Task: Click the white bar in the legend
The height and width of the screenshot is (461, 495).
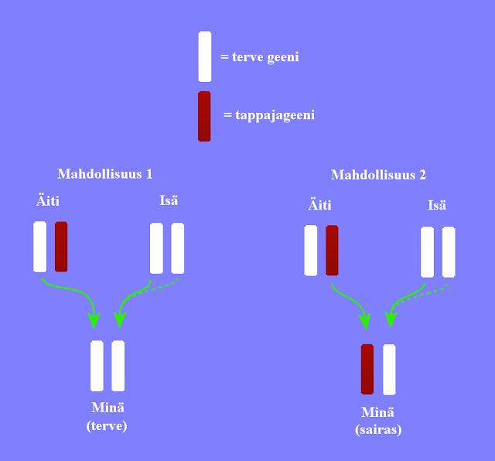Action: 204,56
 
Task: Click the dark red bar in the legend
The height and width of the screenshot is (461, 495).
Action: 204,116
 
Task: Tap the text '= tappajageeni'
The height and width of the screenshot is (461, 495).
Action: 269,115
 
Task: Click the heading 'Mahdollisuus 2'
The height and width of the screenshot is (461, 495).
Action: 378,175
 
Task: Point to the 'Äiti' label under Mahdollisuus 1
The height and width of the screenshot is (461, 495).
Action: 47,201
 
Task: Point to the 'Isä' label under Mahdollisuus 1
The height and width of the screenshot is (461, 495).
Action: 169,201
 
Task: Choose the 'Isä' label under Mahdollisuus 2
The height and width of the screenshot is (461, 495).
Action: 437,205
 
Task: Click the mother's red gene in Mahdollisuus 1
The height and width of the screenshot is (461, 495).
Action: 61,247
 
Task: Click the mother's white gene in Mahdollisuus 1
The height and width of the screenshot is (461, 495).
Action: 40,247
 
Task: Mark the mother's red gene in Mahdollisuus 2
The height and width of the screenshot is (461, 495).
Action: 333,251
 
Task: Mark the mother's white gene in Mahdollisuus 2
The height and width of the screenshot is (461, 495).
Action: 311,251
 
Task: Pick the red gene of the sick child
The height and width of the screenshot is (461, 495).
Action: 367,370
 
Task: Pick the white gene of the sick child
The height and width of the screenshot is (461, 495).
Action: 389,370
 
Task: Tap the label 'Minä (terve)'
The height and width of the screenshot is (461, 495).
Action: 107,417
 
